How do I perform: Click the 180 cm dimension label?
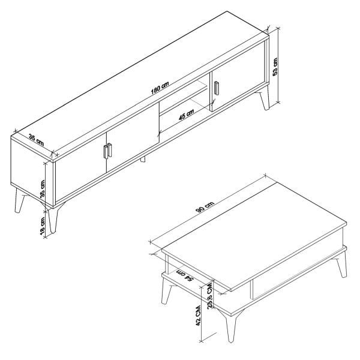coord(160,88)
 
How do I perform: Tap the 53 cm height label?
coord(275,67)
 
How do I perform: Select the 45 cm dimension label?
coord(186,114)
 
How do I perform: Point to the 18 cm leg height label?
coord(43,226)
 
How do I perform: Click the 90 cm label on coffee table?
coord(205,208)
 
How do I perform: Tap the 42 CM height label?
coord(198,316)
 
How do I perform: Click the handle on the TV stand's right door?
coord(217,88)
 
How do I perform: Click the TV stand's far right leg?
coord(265,101)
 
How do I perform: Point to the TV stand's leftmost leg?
coord(20,200)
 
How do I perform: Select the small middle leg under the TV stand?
coord(143,160)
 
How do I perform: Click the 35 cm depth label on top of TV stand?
coord(36,140)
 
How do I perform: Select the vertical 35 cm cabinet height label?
coord(43,189)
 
